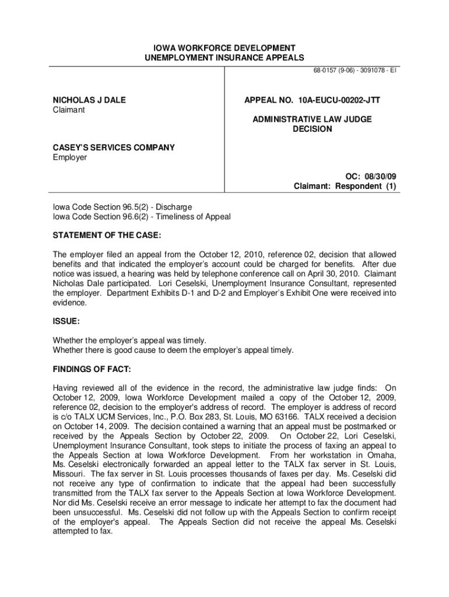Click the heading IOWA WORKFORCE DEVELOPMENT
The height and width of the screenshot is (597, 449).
[224, 48]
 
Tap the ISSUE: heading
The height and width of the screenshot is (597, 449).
[66, 321]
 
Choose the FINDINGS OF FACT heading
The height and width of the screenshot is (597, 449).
[92, 370]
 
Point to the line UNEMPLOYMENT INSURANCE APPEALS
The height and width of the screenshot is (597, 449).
[224, 58]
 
